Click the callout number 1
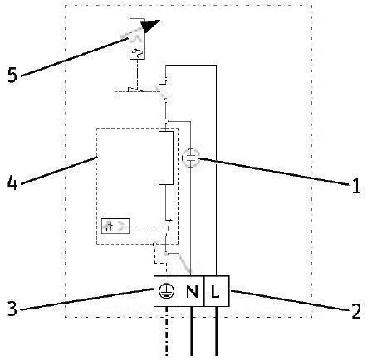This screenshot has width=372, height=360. coord(356,186)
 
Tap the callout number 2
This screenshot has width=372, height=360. coord(356,311)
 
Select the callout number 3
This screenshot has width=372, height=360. coord(12,309)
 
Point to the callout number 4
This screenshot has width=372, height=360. coord(12,182)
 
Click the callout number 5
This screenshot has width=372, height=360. coord(12,75)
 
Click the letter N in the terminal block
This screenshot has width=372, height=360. coord(192,291)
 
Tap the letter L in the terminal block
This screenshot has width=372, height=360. coord(215,291)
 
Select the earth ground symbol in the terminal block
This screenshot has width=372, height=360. coord(167,292)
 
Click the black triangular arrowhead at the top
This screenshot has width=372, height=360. coord(149,26)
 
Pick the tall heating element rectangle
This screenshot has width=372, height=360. coord(166,158)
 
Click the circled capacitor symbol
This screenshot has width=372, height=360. coord(191,158)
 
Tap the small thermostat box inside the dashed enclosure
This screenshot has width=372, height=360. coord(115,226)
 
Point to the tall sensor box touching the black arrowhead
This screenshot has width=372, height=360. coord(138,39)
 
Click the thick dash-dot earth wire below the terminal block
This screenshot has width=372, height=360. coord(166,331)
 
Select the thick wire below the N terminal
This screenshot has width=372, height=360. coord(192,331)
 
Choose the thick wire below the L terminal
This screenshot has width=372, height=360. coord(216,331)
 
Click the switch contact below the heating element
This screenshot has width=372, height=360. coord(168,229)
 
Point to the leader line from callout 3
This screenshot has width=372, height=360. coord(87,299)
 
